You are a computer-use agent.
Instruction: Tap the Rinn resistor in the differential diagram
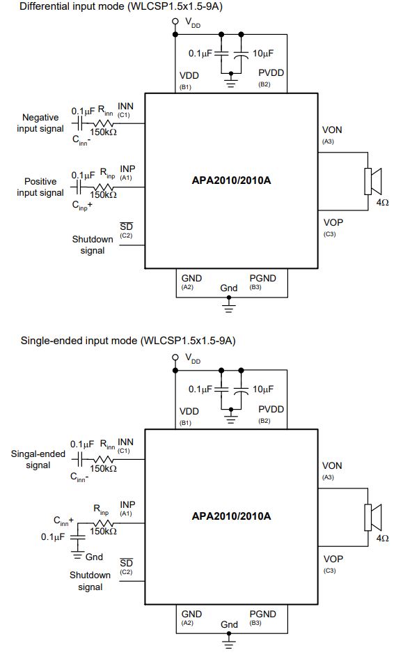click(x=103, y=123)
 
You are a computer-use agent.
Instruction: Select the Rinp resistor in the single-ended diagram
click(x=103, y=523)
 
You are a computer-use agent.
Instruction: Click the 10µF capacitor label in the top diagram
click(x=263, y=54)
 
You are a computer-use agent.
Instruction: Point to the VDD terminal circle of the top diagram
click(x=175, y=21)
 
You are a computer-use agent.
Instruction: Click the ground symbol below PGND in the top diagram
click(x=228, y=305)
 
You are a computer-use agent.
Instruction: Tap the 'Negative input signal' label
click(x=40, y=123)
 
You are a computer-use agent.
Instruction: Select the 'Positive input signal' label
click(x=40, y=187)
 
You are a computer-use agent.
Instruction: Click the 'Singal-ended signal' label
click(x=38, y=460)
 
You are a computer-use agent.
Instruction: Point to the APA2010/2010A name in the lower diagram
click(x=231, y=516)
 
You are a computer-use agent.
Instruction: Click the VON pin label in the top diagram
click(x=332, y=130)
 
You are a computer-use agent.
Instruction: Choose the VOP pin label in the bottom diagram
click(x=333, y=559)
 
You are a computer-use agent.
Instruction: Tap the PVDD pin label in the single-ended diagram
click(x=271, y=409)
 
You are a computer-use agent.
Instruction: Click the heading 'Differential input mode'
click(x=72, y=7)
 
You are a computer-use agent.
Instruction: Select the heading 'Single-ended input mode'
click(x=79, y=340)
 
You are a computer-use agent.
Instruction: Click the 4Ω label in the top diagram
click(x=383, y=202)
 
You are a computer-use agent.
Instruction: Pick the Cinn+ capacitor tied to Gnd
click(x=77, y=538)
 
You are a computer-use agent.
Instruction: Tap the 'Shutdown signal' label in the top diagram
click(x=93, y=245)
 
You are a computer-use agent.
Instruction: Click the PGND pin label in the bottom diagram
click(x=263, y=615)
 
